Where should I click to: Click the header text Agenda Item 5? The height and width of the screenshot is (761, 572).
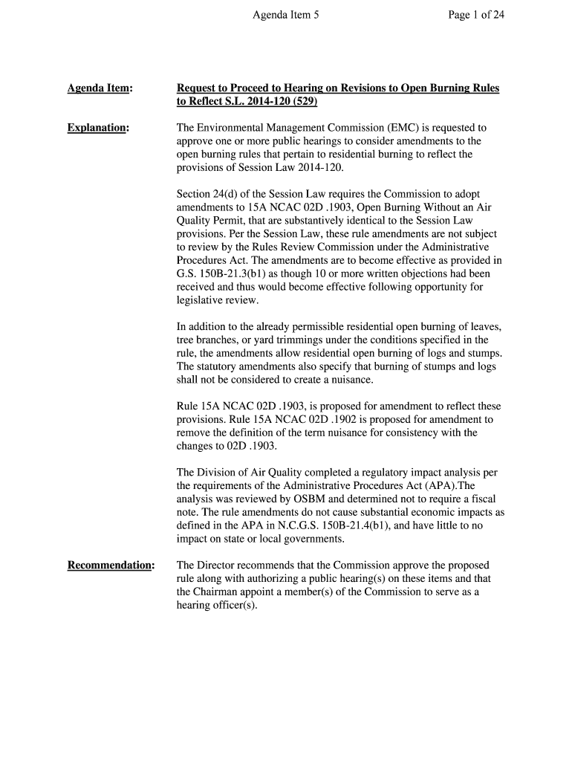286,14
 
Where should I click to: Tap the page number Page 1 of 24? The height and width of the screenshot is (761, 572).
476,14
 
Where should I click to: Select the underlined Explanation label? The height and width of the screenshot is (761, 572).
97,128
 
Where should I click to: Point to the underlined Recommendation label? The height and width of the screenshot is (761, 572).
110,566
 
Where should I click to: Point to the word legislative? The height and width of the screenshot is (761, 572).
202,300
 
